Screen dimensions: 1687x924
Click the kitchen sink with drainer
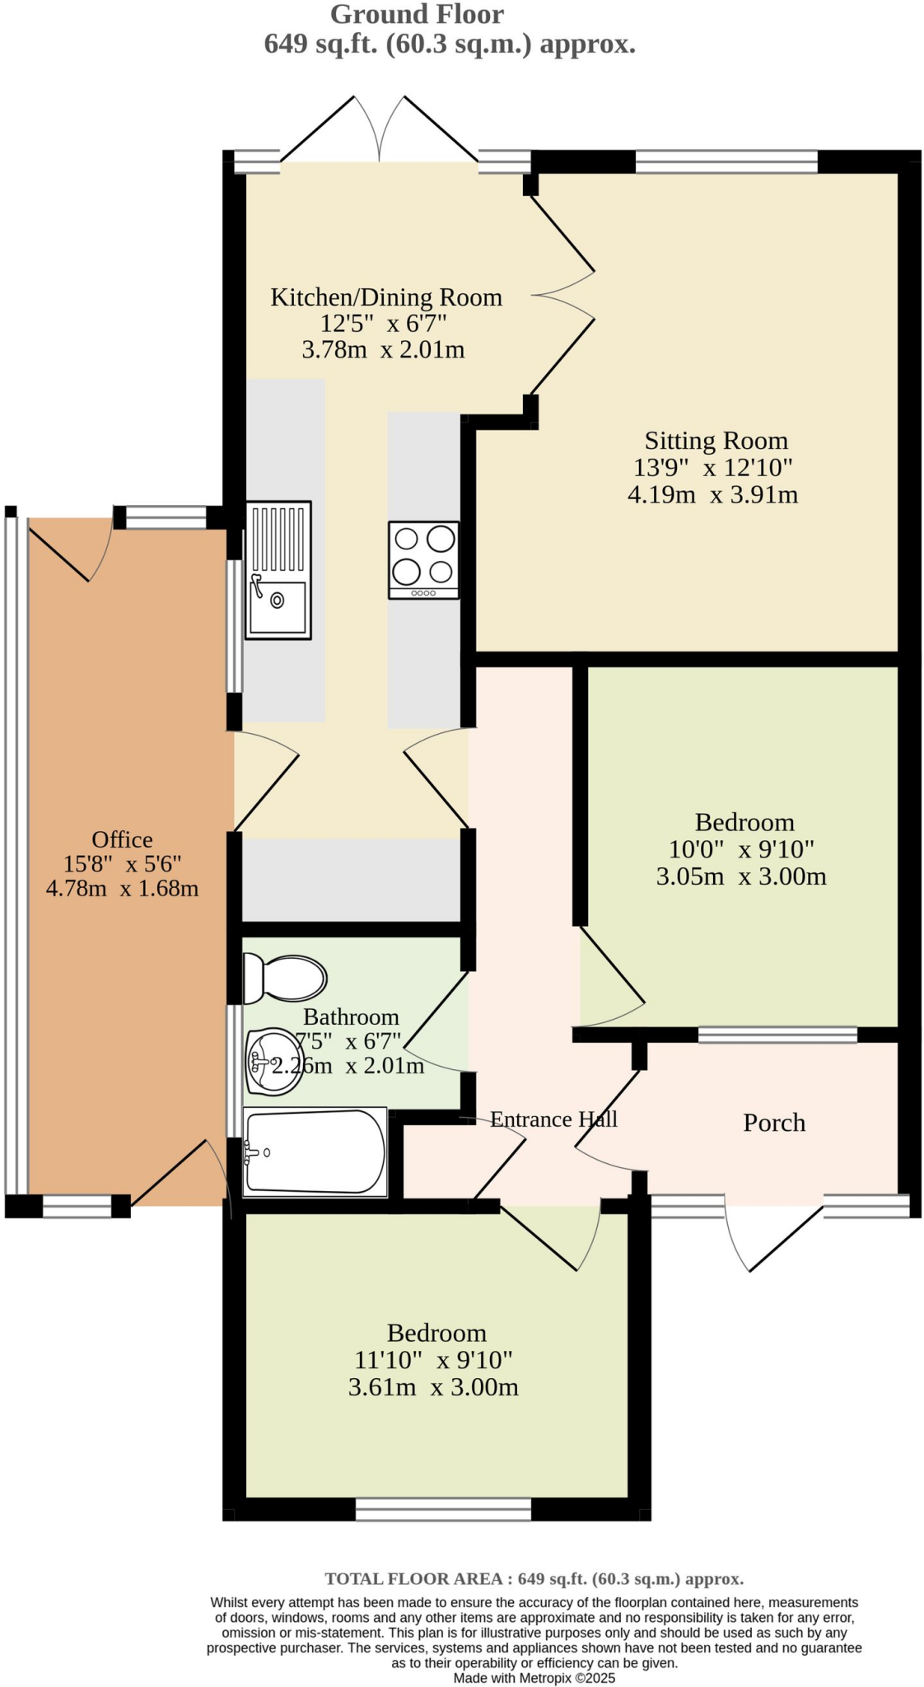point(278,570)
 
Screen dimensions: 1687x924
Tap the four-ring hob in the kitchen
point(423,559)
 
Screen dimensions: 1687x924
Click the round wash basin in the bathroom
point(272,1062)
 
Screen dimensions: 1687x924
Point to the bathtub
point(315,1152)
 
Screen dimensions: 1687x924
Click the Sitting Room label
point(715,441)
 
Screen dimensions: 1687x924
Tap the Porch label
point(773,1123)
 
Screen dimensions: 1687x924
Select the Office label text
point(122,839)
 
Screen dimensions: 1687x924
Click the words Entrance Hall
point(553,1119)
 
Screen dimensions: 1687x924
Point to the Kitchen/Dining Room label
point(385,297)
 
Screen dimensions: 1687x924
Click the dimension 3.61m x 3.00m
point(433,1387)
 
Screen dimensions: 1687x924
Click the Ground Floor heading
point(417,14)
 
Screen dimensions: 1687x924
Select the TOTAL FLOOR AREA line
point(534,1578)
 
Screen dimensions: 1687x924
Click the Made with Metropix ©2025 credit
point(534,1678)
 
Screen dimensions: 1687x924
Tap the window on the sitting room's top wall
point(726,161)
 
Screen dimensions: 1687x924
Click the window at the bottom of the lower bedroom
point(443,1509)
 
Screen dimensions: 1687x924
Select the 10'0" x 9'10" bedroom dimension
point(740,848)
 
